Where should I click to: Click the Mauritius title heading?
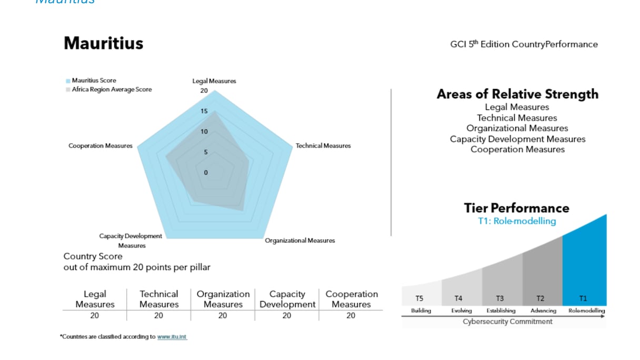click(x=103, y=43)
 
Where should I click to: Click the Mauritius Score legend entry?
click(x=94, y=81)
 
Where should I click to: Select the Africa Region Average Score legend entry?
click(x=111, y=89)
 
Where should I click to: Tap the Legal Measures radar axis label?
click(x=214, y=81)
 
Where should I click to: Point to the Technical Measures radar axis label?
click(x=323, y=146)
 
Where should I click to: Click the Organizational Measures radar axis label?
click(x=299, y=241)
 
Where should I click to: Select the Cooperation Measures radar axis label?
click(x=101, y=146)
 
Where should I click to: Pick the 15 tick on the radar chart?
click(x=204, y=112)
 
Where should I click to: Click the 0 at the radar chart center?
click(x=206, y=173)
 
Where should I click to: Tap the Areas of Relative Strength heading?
click(x=517, y=94)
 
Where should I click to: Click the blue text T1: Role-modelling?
click(x=516, y=221)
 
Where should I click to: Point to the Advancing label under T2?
click(x=543, y=311)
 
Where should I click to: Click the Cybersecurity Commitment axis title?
click(x=508, y=321)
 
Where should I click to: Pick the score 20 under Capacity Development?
click(x=287, y=315)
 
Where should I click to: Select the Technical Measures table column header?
click(x=159, y=299)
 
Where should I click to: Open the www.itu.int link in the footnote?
click(x=172, y=336)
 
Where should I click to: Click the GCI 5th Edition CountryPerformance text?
click(x=524, y=44)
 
